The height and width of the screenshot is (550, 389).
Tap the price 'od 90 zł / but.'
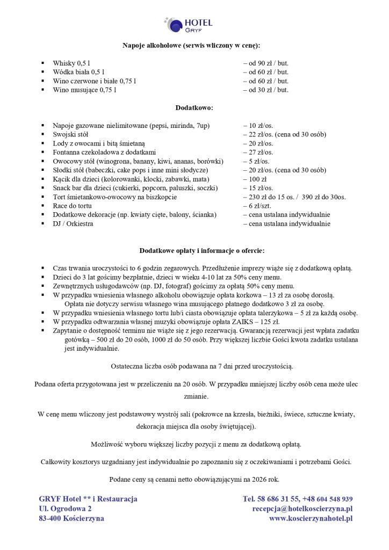tap(266, 63)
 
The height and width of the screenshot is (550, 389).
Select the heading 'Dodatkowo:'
tap(195, 107)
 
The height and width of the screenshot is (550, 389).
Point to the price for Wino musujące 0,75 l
tap(266, 90)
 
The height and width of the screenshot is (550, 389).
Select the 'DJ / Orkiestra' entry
tap(73, 223)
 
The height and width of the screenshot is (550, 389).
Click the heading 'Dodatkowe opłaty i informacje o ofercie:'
tap(195, 250)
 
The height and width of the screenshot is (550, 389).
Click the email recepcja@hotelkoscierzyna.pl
tap(302, 509)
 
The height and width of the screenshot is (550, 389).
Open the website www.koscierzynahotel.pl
tap(311, 518)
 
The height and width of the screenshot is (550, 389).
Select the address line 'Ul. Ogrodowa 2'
tap(65, 509)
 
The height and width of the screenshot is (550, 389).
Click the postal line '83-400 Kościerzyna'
tap(71, 518)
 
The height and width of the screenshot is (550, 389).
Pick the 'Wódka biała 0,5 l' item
tap(78, 72)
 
